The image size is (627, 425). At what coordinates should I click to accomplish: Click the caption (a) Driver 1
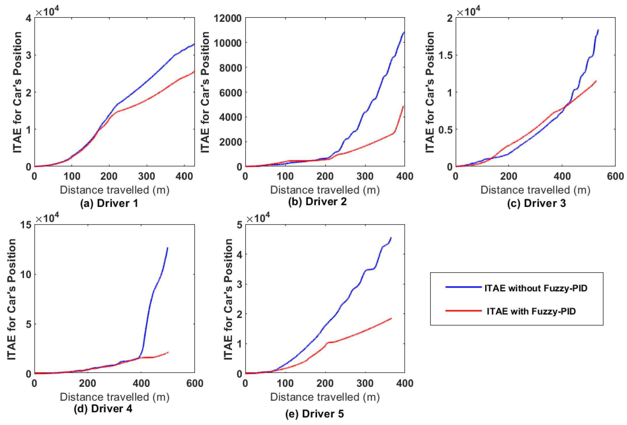109,203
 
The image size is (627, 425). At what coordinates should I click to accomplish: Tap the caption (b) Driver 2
317,202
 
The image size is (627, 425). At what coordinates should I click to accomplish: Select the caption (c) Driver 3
536,203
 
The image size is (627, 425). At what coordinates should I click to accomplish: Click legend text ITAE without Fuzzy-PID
536,288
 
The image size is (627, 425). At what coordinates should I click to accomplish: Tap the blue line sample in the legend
463,288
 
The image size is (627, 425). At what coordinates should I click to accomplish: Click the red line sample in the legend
463,311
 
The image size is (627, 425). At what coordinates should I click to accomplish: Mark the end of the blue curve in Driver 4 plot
168,248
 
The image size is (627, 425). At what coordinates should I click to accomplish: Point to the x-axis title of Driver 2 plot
325,190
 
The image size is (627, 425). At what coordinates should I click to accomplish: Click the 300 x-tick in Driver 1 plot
147,176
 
